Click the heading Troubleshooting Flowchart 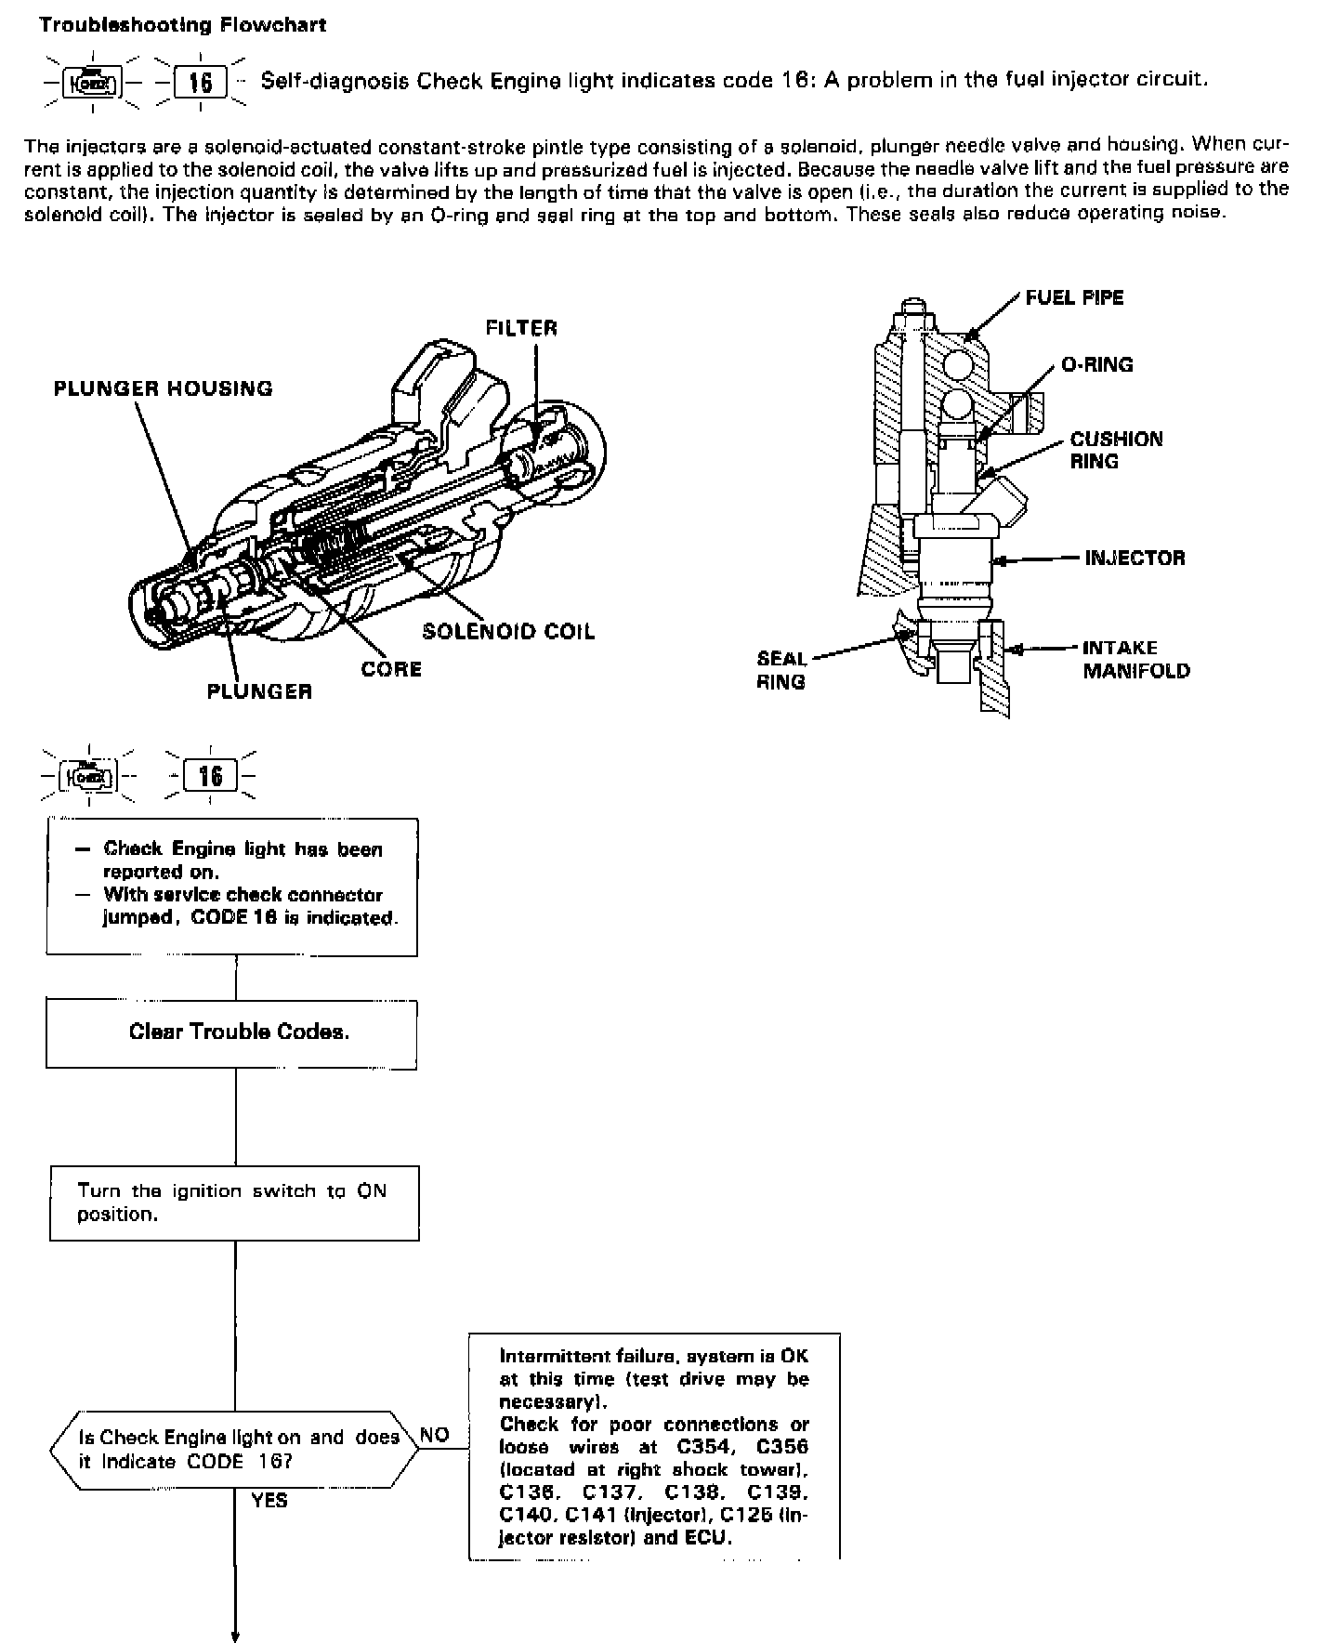(182, 25)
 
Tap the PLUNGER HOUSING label (164, 388)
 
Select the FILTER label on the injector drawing (521, 328)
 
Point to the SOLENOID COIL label (508, 632)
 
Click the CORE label (391, 669)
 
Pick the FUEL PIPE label (1074, 297)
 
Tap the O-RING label (1096, 364)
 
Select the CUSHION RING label (1115, 450)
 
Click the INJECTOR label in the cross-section (1135, 558)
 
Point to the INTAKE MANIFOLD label (1135, 659)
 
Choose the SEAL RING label (781, 670)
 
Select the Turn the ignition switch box (234, 1203)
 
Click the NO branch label (435, 1435)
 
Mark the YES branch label (269, 1500)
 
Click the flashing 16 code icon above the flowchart (211, 775)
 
